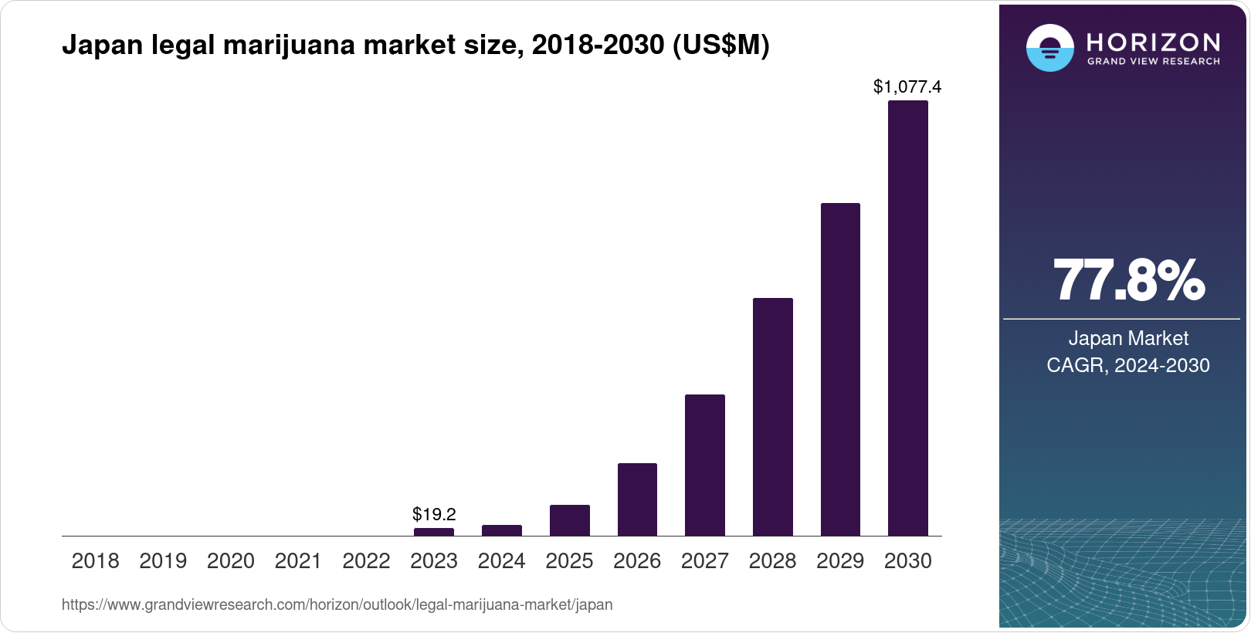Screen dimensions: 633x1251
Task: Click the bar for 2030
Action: point(907,318)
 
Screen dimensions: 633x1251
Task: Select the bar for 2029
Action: point(840,369)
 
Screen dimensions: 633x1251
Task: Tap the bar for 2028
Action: point(772,417)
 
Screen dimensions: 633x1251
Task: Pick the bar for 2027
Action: point(704,465)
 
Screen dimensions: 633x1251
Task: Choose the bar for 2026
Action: point(637,499)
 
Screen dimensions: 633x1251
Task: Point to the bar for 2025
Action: point(569,520)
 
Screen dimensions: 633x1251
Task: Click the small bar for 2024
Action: point(502,530)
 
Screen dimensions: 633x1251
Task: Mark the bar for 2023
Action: point(434,532)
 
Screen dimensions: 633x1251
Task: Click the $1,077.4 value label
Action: point(907,87)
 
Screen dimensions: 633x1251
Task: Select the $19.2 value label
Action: point(434,514)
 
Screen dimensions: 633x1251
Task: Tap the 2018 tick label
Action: point(95,561)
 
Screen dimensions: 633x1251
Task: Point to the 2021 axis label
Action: point(298,561)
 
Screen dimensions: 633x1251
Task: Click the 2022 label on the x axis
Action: point(366,561)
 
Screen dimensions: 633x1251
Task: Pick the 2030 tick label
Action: point(907,561)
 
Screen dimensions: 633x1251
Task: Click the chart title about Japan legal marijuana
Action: point(415,46)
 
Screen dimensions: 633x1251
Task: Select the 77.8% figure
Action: point(1127,281)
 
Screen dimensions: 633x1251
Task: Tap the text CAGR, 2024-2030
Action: point(1127,365)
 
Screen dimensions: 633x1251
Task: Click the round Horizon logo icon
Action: point(1049,48)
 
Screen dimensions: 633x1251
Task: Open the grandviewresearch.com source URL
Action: point(337,605)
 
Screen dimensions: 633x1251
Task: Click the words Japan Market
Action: point(1127,338)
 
